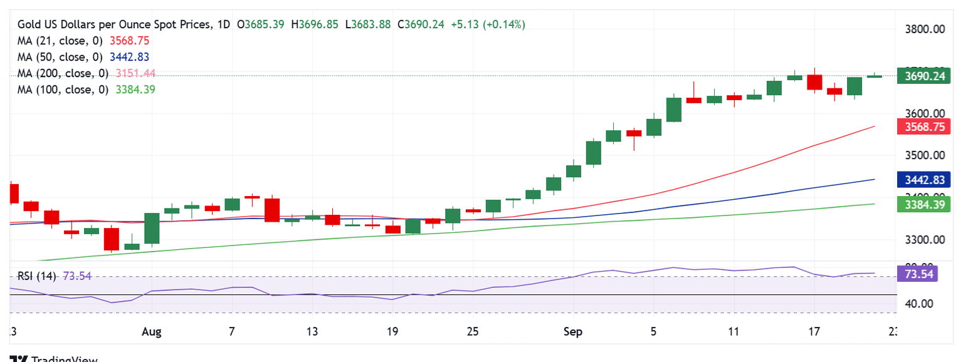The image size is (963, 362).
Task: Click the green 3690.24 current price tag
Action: [920, 76]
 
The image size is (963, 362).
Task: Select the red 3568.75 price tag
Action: [920, 127]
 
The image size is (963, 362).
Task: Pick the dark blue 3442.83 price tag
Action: [920, 180]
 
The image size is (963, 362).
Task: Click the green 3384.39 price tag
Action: [920, 204]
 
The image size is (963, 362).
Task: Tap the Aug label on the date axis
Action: [152, 332]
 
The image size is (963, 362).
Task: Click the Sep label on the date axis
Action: [572, 332]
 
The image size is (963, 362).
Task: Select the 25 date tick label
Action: [473, 332]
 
